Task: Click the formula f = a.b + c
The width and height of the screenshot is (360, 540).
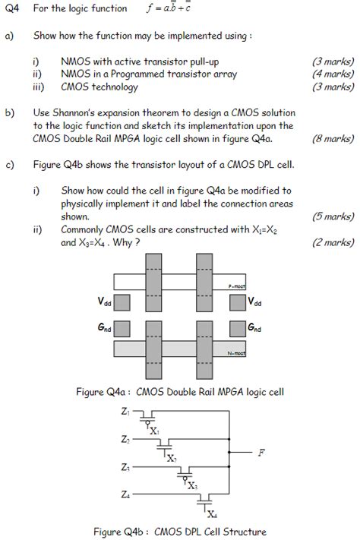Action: click(x=169, y=9)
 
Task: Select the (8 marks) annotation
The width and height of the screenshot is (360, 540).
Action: click(x=333, y=139)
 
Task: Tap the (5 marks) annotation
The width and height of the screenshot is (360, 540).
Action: click(x=333, y=216)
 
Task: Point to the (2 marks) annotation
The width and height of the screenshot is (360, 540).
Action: click(x=333, y=243)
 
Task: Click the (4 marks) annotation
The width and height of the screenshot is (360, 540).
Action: click(x=333, y=74)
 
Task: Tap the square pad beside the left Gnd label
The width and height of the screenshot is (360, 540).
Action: click(x=122, y=328)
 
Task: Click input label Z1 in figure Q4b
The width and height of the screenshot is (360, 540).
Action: click(x=124, y=411)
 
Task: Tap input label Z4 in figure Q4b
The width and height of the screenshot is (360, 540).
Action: click(x=124, y=494)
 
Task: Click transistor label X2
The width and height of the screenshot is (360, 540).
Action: click(x=172, y=459)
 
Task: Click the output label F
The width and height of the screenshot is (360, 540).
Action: click(x=261, y=453)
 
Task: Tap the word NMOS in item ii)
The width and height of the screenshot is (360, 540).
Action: click(x=76, y=74)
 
